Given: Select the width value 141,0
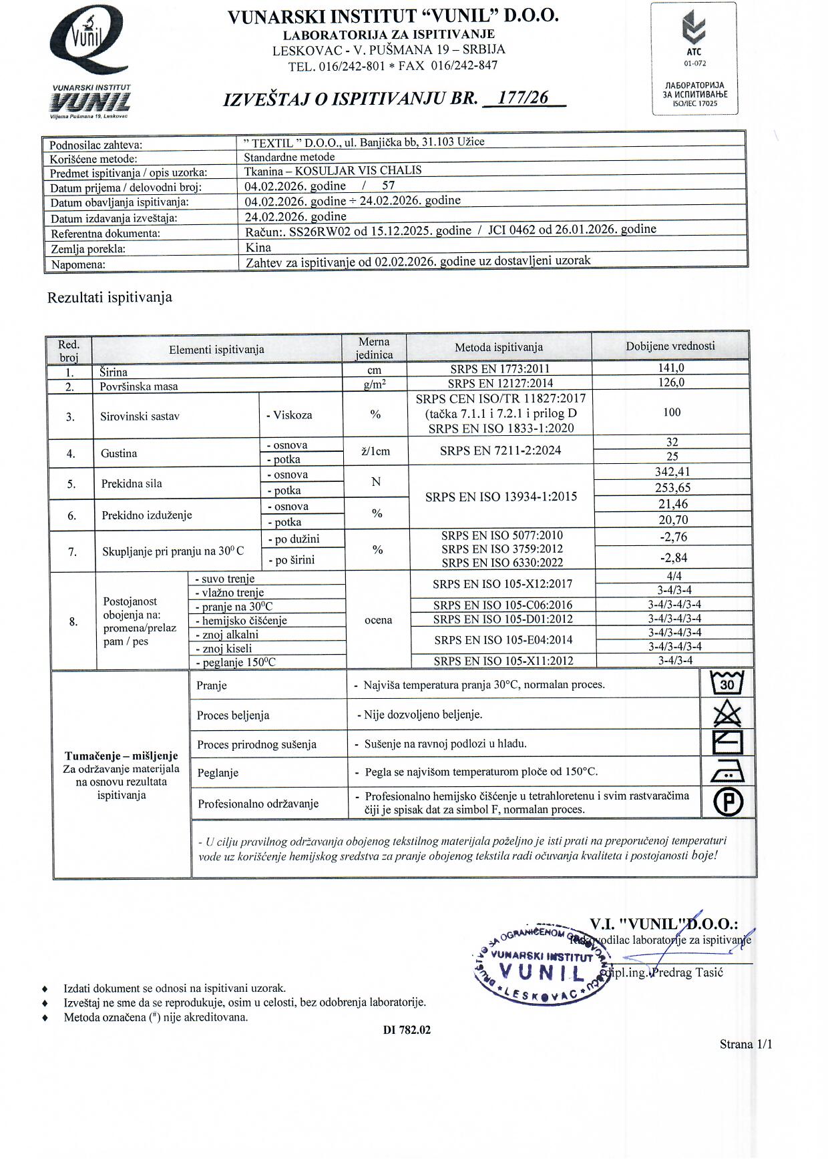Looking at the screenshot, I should pyautogui.click(x=670, y=368).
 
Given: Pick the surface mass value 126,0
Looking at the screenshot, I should pyautogui.click(x=670, y=382).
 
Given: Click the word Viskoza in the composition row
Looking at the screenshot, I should pyautogui.click(x=292, y=415).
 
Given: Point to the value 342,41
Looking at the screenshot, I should pyautogui.click(x=672, y=472).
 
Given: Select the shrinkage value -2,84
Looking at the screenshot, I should pyautogui.click(x=672, y=558).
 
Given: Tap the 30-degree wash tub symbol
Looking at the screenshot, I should pyautogui.click(x=727, y=683).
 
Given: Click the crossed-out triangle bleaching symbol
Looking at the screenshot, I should pyautogui.click(x=727, y=714).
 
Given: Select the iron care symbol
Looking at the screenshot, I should pyautogui.click(x=727, y=773).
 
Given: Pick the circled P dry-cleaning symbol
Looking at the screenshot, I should pyautogui.click(x=728, y=802).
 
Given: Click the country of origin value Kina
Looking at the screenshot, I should pyautogui.click(x=258, y=248).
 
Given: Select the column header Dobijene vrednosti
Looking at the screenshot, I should pyautogui.click(x=670, y=346).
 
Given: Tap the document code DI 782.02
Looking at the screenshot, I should pyautogui.click(x=407, y=1030).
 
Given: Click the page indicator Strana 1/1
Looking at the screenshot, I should pyautogui.click(x=745, y=1045).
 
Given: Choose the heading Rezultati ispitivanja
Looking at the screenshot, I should pyautogui.click(x=110, y=298).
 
